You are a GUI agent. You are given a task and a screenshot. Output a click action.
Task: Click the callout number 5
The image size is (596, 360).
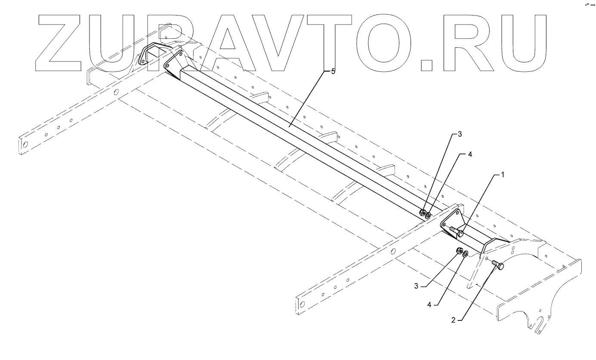point(333,71)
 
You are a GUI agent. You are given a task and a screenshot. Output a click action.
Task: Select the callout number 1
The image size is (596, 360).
point(502,175)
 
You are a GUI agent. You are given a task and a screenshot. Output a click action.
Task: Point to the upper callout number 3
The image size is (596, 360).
point(460,134)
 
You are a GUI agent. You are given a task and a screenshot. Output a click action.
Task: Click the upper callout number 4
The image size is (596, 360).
point(470,155)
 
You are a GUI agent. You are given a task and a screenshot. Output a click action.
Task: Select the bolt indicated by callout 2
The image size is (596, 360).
point(497,265)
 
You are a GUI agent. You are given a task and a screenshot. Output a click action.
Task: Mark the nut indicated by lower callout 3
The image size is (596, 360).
point(459,251)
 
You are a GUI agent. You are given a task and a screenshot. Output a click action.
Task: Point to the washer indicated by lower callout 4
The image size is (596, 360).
point(466,254)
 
